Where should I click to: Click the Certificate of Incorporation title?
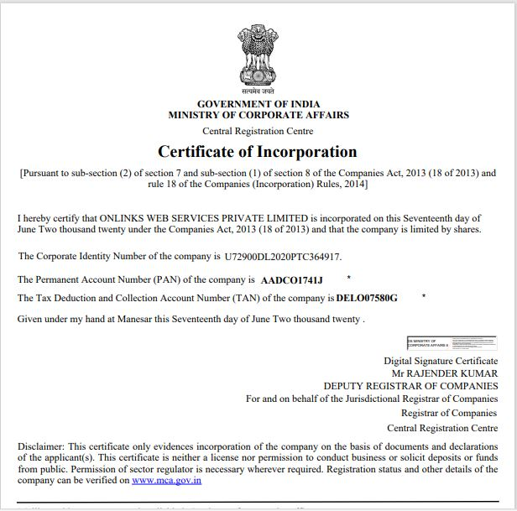pyautogui.click(x=258, y=152)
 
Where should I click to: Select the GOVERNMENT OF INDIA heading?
pyautogui.click(x=258, y=103)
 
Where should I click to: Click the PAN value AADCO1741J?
pyautogui.click(x=291, y=279)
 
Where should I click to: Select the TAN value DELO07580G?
pyautogui.click(x=367, y=298)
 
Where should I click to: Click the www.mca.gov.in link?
pyautogui.click(x=166, y=481)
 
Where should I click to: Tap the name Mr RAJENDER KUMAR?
pyautogui.click(x=445, y=373)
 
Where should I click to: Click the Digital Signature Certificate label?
pyautogui.click(x=441, y=360)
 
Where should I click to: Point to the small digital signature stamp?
pyautogui.click(x=452, y=342)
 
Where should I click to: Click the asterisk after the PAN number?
pyautogui.click(x=348, y=277)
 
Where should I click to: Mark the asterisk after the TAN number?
pyautogui.click(x=425, y=296)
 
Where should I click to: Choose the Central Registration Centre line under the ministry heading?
pyautogui.click(x=258, y=131)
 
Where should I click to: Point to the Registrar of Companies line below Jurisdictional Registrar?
pyautogui.click(x=449, y=413)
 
